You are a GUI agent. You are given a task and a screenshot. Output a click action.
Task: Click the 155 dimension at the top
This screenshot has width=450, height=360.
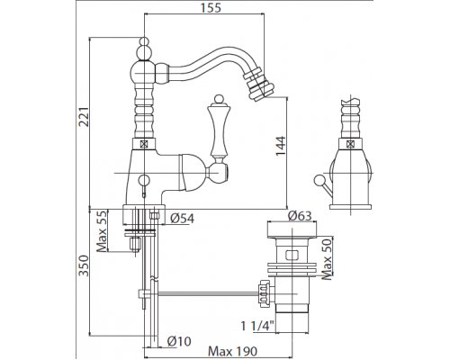(211, 7)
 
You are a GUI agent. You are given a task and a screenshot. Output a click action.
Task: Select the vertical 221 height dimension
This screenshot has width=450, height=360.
(84, 116)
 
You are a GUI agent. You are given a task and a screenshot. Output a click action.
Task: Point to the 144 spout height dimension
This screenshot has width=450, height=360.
(281, 146)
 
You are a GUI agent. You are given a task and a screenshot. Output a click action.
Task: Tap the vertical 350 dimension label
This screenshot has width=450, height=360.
(84, 265)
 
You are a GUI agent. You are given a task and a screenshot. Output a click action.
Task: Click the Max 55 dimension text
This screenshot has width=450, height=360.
(102, 231)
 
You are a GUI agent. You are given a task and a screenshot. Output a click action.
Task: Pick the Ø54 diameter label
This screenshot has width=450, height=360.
(182, 218)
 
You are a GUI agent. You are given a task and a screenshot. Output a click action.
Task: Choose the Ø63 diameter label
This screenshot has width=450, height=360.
(300, 216)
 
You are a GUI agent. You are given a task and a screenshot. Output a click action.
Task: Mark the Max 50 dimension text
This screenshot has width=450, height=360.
(327, 259)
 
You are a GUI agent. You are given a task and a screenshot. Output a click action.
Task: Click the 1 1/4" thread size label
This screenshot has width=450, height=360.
(258, 326)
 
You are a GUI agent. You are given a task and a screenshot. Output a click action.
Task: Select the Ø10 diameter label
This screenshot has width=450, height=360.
(179, 341)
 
